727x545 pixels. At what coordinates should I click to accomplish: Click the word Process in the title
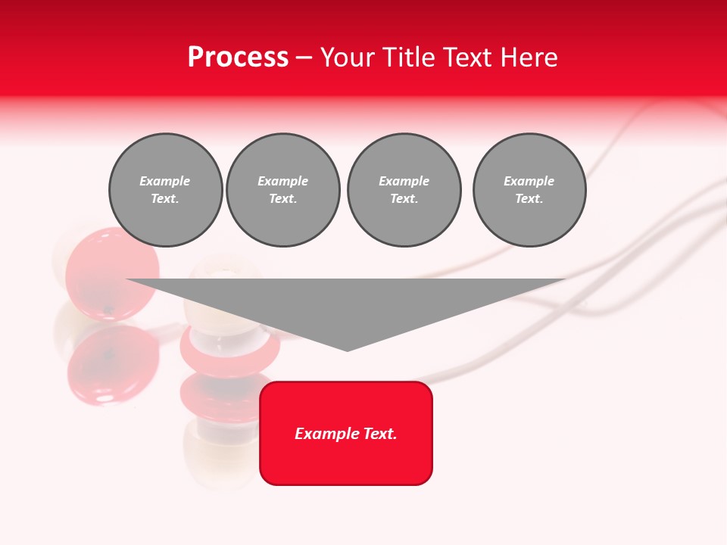pyautogui.click(x=238, y=58)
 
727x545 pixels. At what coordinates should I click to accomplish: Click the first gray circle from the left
pyautogui.click(x=165, y=190)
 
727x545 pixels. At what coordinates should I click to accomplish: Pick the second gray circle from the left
pyautogui.click(x=282, y=190)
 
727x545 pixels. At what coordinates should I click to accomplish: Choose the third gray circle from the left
pyautogui.click(x=404, y=190)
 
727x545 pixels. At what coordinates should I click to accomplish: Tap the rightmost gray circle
pyautogui.click(x=529, y=190)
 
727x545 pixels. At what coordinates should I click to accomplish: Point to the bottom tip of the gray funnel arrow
pyautogui.click(x=348, y=350)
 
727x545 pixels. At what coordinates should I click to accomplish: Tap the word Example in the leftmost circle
pyautogui.click(x=165, y=181)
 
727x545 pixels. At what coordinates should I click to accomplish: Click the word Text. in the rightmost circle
pyautogui.click(x=529, y=199)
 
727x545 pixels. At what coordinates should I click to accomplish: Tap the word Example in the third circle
pyautogui.click(x=404, y=181)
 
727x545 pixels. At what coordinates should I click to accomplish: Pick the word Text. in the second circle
pyautogui.click(x=282, y=199)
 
